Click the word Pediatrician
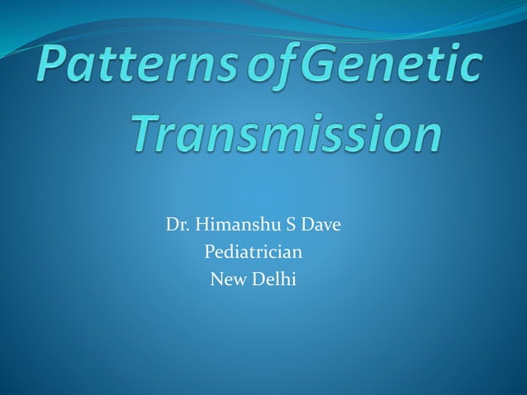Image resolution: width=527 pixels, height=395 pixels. (253, 252)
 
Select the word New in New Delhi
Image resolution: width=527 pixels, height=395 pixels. (226, 279)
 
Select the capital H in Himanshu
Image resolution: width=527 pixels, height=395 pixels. (198, 225)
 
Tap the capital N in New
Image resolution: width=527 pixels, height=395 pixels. (218, 279)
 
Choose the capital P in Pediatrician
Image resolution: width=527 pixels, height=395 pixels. (209, 252)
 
